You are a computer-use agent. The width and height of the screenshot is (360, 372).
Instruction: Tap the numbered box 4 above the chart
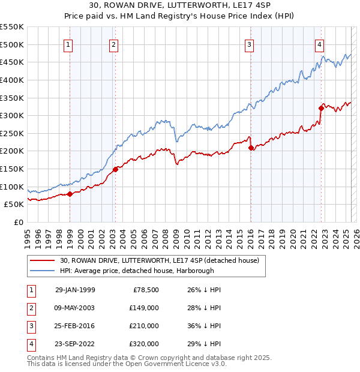(x=320, y=44)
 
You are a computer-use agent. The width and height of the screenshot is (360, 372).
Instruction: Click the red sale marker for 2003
(x=115, y=169)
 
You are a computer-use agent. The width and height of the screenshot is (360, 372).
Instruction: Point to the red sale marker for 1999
(x=70, y=194)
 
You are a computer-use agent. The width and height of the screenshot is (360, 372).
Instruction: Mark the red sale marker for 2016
(x=250, y=148)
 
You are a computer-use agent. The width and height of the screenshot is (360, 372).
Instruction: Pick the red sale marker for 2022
(x=321, y=108)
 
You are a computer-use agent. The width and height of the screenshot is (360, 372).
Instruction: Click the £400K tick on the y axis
(x=13, y=80)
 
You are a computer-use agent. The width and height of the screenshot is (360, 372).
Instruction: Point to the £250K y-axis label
(x=13, y=133)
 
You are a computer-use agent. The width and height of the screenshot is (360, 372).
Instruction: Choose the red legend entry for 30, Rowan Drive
(x=159, y=260)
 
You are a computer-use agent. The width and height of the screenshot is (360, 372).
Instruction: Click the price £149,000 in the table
(x=144, y=308)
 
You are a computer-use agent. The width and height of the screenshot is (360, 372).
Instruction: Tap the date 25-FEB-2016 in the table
(x=75, y=326)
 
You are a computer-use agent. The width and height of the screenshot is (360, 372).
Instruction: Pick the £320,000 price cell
(x=144, y=344)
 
